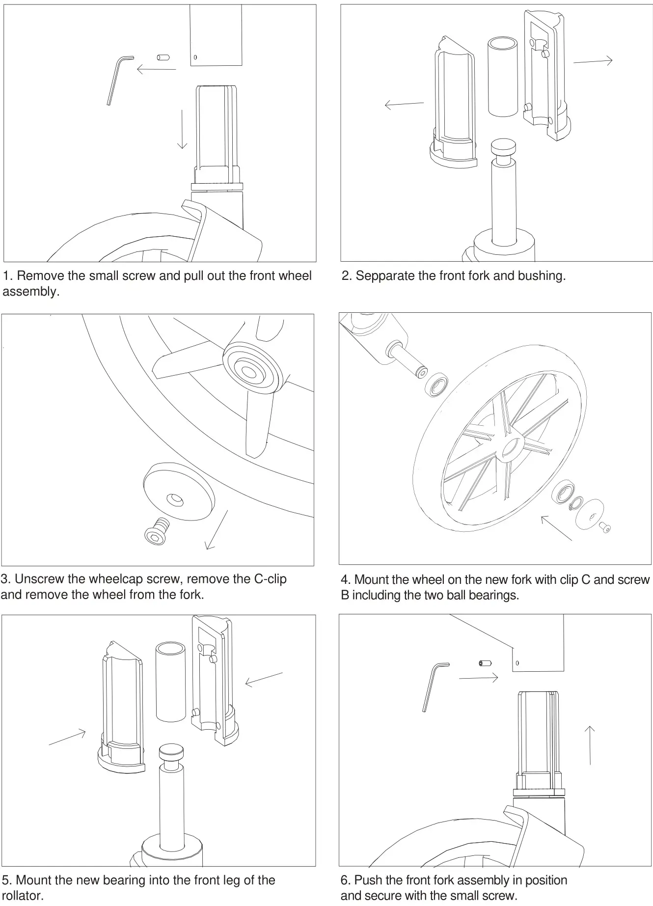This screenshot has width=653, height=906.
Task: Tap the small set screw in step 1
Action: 163,57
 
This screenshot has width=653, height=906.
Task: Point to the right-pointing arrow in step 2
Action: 593,61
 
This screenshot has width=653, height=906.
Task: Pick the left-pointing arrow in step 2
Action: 404,104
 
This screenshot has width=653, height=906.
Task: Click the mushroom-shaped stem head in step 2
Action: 504,147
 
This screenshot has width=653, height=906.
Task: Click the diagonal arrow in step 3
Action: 217,530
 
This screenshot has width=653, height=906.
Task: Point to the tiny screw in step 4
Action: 605,527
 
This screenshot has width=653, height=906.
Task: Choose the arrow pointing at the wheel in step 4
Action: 556,528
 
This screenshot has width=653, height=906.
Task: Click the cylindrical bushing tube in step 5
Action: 170,682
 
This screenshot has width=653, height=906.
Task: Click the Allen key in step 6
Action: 432,686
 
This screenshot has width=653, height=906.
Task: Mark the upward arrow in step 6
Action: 590,745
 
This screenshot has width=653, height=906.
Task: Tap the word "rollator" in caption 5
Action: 22,895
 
